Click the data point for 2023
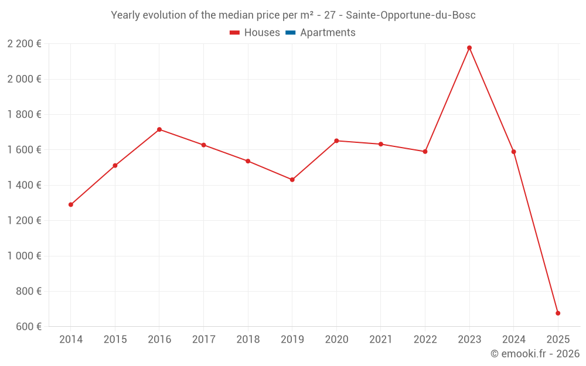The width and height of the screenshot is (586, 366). (x=469, y=48)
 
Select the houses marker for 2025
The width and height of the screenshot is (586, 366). (x=558, y=313)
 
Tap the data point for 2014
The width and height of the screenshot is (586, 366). (x=71, y=205)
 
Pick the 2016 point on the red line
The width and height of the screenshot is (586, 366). (x=159, y=129)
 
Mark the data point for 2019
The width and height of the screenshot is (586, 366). (x=292, y=180)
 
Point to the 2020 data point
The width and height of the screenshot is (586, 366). (x=336, y=141)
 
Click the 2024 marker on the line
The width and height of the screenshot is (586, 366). (x=514, y=152)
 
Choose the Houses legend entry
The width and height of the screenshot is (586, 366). (x=255, y=33)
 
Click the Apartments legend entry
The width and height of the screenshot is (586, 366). (x=327, y=33)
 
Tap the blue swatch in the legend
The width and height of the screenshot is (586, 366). (x=290, y=33)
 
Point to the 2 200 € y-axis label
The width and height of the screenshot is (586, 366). (x=24, y=43)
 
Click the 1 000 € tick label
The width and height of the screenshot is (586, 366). (x=24, y=256)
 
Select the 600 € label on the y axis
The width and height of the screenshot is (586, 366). (x=28, y=327)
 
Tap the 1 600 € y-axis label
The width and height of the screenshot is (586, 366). (x=24, y=150)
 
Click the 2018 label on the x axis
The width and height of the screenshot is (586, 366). (x=248, y=340)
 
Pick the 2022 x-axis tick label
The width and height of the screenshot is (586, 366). (x=425, y=340)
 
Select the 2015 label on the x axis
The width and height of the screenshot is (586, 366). (x=115, y=340)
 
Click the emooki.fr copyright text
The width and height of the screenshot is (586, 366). (x=535, y=354)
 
